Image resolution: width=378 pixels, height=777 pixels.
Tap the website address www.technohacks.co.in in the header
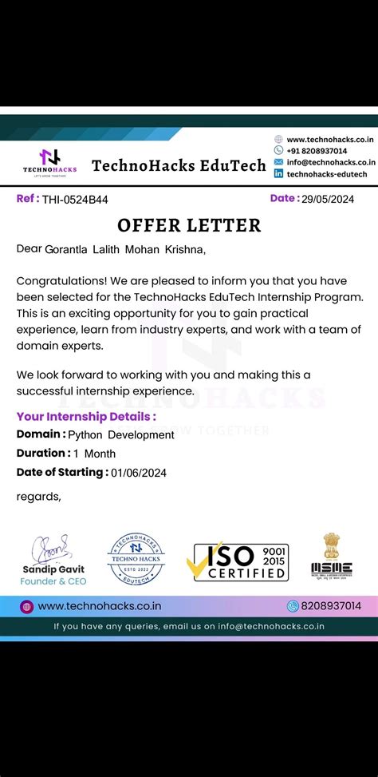(329, 139)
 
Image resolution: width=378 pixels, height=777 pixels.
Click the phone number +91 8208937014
(317, 150)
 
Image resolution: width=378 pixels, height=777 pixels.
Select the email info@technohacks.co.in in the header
(330, 162)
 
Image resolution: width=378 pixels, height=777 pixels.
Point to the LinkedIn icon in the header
(279, 173)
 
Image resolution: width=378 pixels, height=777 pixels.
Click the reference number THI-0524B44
(75, 200)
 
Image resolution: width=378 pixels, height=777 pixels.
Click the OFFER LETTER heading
(189, 225)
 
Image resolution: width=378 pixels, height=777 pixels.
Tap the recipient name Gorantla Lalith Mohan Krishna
(124, 250)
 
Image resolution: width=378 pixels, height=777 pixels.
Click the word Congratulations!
(61, 281)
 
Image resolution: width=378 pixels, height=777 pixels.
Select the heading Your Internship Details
(86, 416)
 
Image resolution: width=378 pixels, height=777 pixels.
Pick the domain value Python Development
(120, 435)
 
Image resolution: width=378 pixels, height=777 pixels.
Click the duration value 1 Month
(100, 454)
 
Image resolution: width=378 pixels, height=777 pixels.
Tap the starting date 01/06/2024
(139, 473)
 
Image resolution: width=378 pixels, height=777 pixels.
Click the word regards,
(38, 496)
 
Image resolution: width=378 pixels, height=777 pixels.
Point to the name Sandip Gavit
(53, 569)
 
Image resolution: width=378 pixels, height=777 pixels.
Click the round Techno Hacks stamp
(136, 559)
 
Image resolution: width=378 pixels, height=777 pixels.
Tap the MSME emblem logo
(331, 556)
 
